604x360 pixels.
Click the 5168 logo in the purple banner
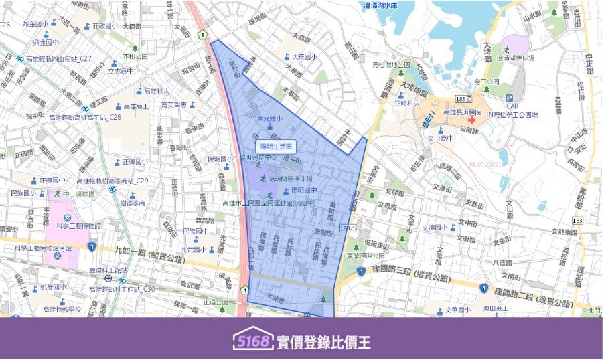point(252,341)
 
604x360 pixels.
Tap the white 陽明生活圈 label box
point(276,145)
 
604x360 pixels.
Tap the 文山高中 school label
point(441,139)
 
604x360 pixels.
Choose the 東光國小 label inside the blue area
point(271,118)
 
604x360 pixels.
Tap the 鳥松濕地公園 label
point(395,64)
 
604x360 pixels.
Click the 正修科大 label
point(408,104)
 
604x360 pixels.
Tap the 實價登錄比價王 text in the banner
point(323,342)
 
